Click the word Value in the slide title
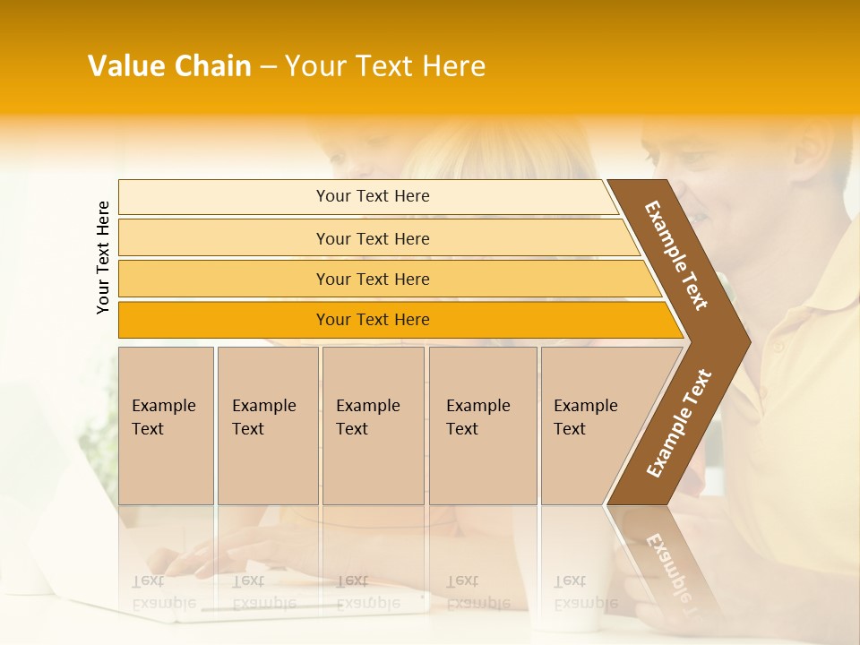(125, 66)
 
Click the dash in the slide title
(268, 67)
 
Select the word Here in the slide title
(453, 66)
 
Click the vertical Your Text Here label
(103, 257)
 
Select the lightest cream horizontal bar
(372, 196)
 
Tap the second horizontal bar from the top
(372, 238)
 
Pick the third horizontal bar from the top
(372, 279)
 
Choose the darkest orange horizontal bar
(372, 320)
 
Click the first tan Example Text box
(166, 425)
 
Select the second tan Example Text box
(267, 425)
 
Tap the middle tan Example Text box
(373, 425)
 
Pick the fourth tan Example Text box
(482, 425)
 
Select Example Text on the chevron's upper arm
(677, 255)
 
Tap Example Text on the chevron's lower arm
(678, 424)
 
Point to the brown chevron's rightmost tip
(749, 341)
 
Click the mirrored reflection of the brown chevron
(667, 560)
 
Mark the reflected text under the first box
(164, 592)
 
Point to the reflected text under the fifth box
(585, 592)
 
